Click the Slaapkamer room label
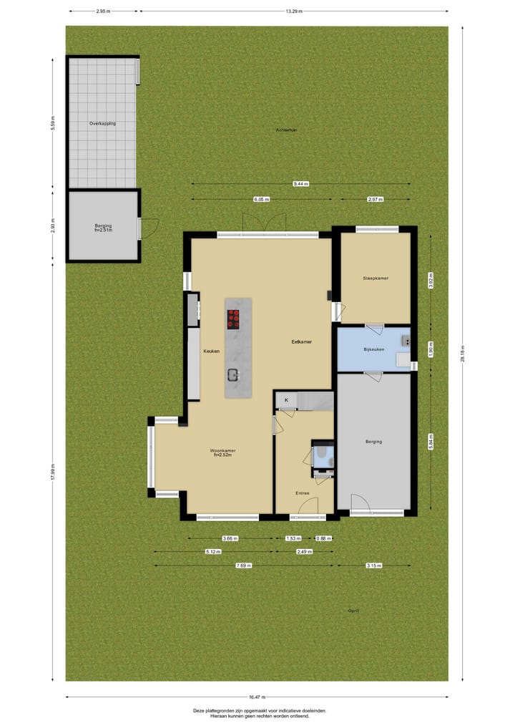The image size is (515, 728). (375, 278)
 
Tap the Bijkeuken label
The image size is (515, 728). (374, 349)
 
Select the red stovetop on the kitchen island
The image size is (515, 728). (233, 319)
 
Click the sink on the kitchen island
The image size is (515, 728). (233, 374)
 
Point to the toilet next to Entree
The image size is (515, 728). (323, 454)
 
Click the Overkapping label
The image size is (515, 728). (102, 124)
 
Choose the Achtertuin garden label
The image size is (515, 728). (286, 130)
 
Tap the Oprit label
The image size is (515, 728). (353, 611)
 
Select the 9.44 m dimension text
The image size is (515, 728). (300, 184)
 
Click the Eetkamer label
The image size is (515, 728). (301, 341)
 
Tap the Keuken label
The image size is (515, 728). (210, 351)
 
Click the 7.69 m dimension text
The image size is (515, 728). (244, 566)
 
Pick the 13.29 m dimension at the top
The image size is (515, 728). (293, 11)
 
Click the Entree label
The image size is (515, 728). (303, 493)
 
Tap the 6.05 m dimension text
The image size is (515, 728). (261, 200)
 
